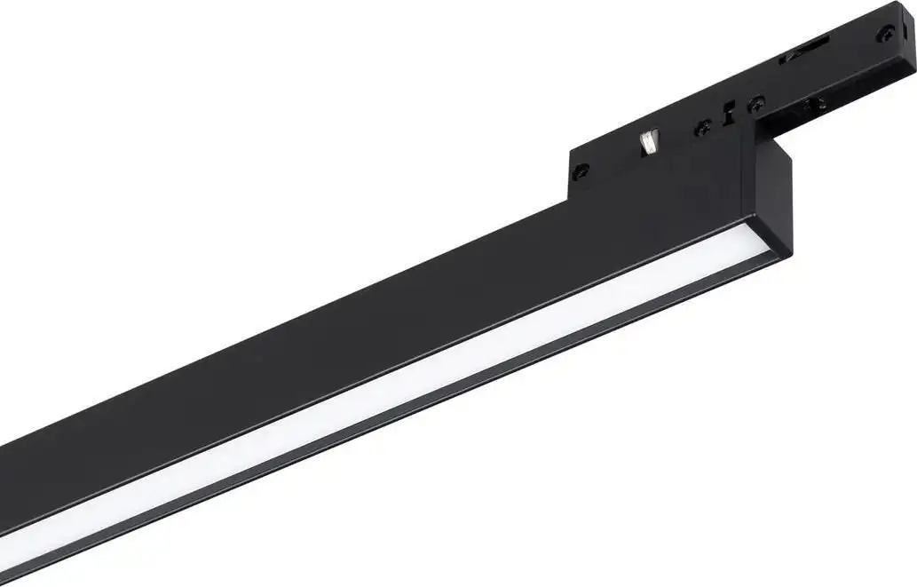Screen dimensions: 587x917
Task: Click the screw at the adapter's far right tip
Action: click(x=885, y=33)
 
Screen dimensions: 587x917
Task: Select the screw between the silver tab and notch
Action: click(x=702, y=127)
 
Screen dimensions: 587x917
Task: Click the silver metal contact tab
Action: click(x=650, y=142)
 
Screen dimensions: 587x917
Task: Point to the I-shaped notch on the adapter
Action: click(x=729, y=114)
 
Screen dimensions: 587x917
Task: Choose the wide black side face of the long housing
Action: click(x=355, y=337)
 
